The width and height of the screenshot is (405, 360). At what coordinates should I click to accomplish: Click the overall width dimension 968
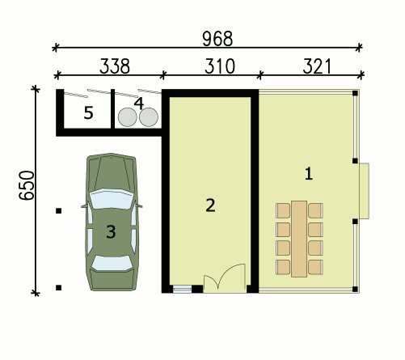click(217, 39)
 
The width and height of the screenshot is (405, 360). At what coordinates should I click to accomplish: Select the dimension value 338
click(115, 66)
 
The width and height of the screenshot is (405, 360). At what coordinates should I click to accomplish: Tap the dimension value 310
click(220, 66)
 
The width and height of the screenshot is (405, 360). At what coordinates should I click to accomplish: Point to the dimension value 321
click(317, 66)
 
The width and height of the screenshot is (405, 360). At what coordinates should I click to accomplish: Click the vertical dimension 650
click(27, 185)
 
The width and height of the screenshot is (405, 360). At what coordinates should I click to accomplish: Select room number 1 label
click(309, 173)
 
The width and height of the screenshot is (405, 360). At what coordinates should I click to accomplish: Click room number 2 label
click(210, 205)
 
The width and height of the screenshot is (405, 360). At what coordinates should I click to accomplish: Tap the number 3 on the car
click(111, 231)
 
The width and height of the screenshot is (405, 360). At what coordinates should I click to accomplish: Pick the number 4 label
click(139, 104)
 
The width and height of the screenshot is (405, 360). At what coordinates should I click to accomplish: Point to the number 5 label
click(89, 112)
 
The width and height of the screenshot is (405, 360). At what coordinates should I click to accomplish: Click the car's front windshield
click(112, 199)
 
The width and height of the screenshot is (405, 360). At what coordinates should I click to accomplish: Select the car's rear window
click(112, 263)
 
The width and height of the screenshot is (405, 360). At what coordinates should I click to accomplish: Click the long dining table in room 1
click(299, 239)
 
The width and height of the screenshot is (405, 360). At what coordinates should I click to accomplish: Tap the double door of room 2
click(225, 278)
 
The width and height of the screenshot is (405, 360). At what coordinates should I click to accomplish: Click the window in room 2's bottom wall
click(182, 289)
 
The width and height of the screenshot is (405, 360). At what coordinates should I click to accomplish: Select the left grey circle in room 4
click(128, 117)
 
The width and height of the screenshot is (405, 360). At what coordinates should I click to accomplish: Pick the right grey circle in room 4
click(149, 117)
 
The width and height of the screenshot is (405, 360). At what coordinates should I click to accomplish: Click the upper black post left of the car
click(58, 211)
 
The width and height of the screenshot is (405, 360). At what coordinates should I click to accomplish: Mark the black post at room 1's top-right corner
click(355, 93)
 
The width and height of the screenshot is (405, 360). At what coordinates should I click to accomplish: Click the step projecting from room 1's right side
click(364, 191)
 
